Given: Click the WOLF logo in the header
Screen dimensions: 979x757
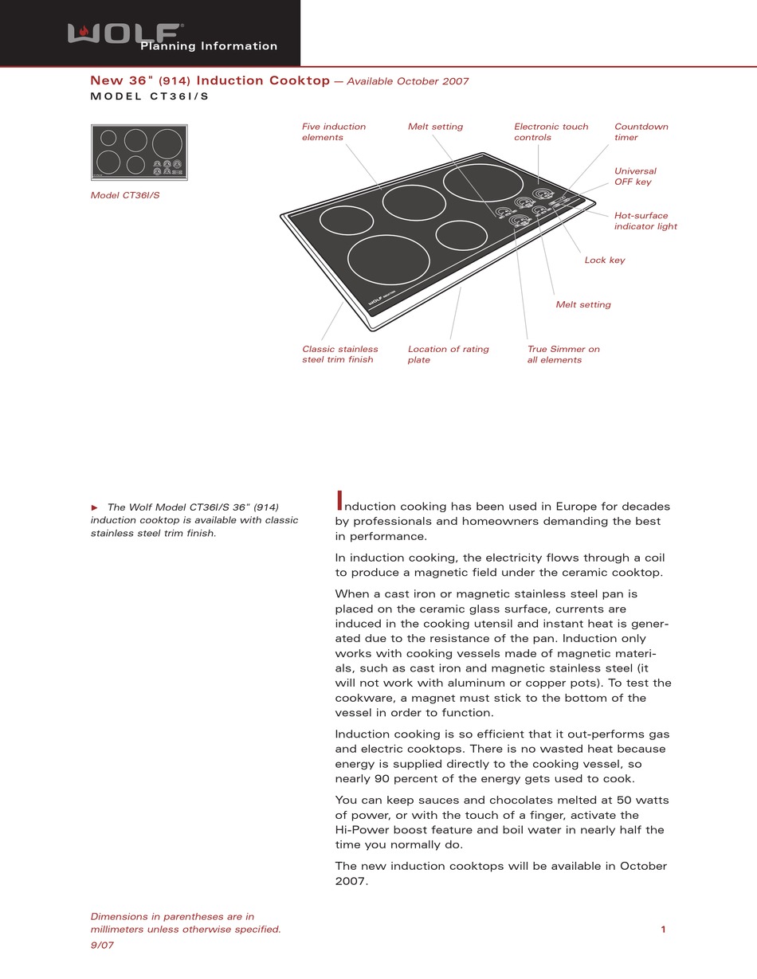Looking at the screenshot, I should tap(124, 33).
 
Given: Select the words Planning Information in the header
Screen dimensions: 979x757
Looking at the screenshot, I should tap(209, 46).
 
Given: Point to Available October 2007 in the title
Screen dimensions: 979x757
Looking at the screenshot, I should tap(407, 81).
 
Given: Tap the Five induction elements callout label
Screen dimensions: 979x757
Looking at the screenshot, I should tap(333, 132).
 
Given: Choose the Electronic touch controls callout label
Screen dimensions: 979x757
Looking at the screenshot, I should tap(551, 132).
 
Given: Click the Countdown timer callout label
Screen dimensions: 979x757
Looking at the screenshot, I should tap(641, 132).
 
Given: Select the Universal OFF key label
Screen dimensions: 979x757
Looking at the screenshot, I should tap(635, 177).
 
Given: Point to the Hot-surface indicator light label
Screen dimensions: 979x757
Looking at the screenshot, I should tap(645, 221).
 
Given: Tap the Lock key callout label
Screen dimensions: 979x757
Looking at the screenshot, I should tap(604, 260).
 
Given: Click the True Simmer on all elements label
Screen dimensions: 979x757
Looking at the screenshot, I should tap(563, 354).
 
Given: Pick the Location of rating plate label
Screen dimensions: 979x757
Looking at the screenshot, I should tap(448, 354).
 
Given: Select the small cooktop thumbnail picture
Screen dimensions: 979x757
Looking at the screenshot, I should tap(139, 152).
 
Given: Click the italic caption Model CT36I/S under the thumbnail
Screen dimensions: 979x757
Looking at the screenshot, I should tap(124, 196).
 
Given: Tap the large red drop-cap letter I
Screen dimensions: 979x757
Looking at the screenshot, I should tap(339, 501).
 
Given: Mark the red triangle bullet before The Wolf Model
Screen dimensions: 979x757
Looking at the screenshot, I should tap(94, 507).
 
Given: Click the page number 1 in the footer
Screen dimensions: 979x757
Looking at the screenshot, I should tap(663, 930).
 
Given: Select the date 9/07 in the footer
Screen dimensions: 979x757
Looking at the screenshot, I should tap(102, 946).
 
